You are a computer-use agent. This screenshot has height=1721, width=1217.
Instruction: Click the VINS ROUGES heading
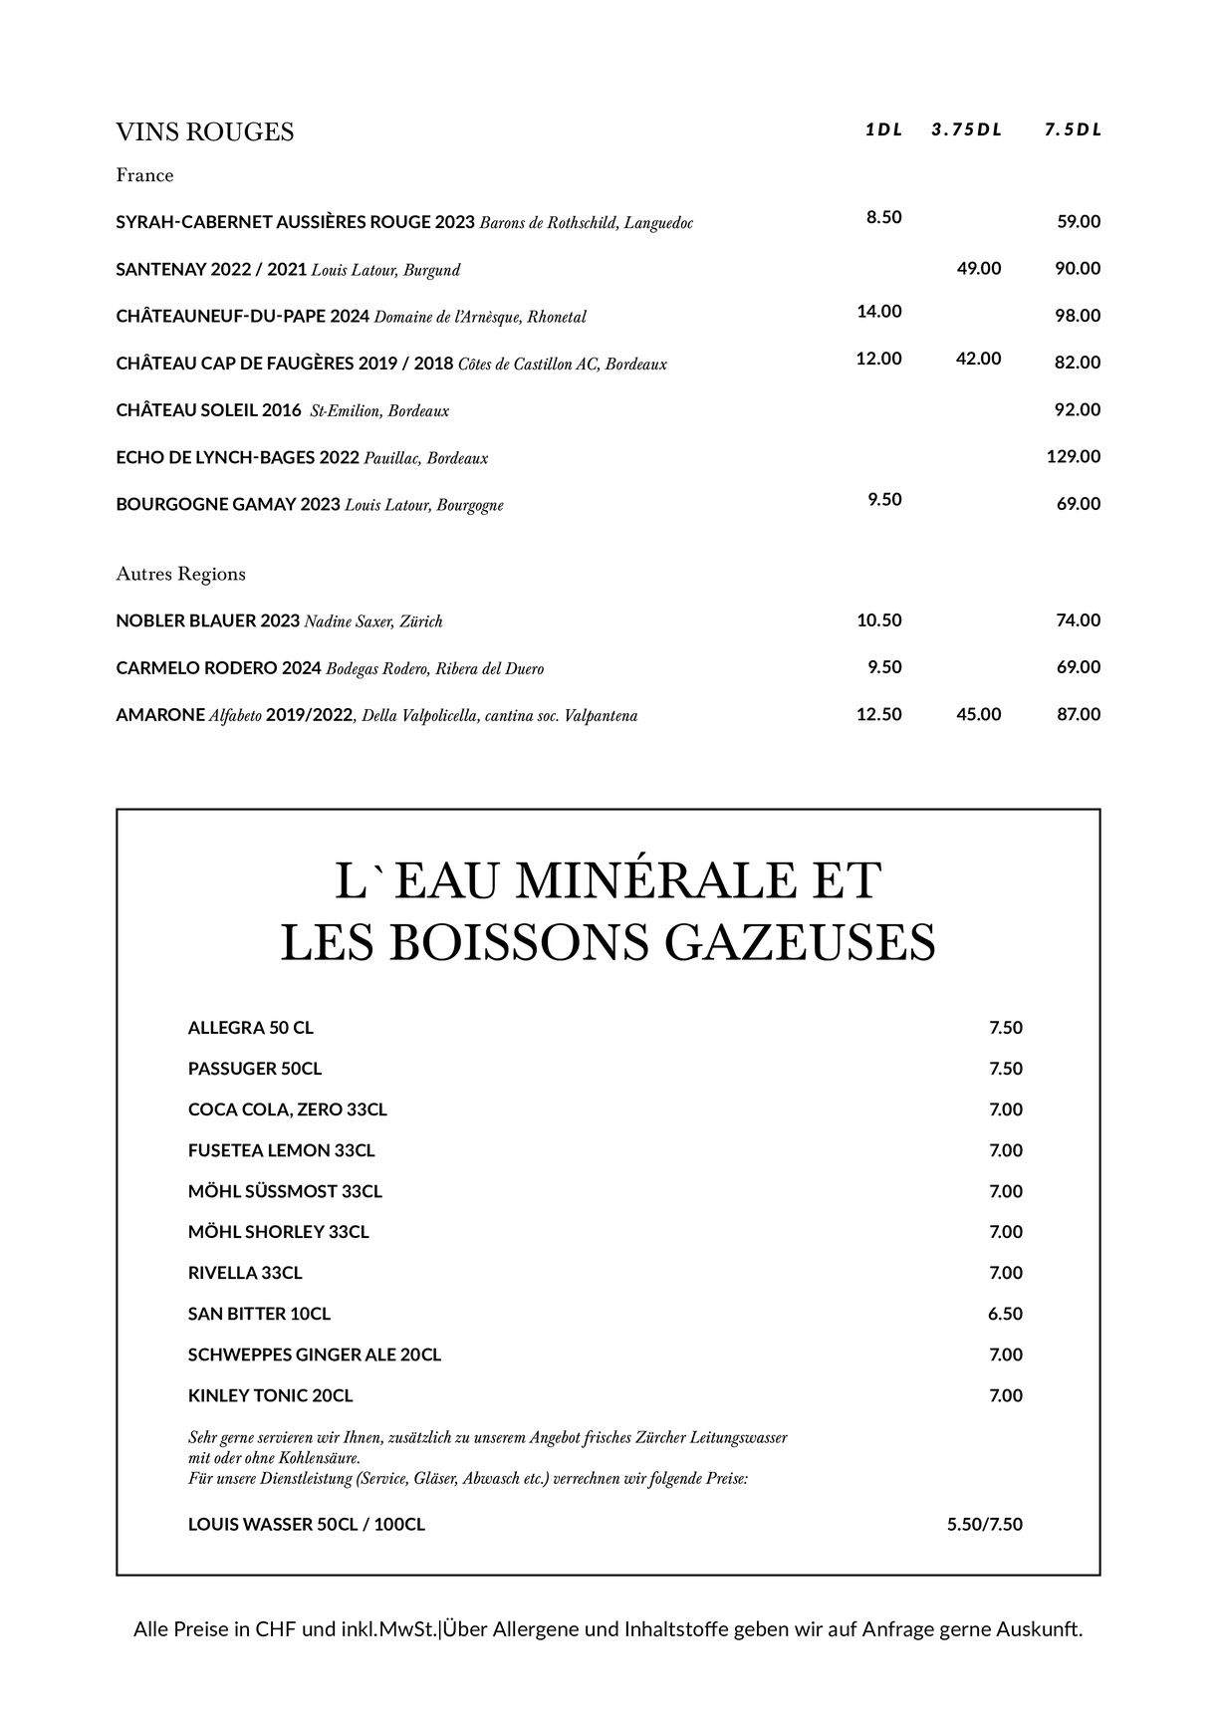tap(204, 132)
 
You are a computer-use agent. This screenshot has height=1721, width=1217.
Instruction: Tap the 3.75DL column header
tap(966, 130)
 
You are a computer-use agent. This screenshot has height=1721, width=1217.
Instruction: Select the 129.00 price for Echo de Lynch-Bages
tap(1073, 457)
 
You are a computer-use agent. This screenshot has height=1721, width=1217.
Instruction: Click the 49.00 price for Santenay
tap(978, 269)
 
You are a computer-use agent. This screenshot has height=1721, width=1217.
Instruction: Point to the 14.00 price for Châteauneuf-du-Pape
tap(878, 312)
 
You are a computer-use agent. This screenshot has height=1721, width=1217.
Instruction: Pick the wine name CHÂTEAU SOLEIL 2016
tap(208, 410)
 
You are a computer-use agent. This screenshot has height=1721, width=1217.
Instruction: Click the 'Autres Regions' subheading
tap(180, 575)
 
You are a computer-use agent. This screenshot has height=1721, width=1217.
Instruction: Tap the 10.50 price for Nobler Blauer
tap(878, 620)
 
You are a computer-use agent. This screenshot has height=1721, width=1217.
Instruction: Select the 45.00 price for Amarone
tap(978, 715)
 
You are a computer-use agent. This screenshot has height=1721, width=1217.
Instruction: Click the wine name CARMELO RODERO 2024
tap(218, 668)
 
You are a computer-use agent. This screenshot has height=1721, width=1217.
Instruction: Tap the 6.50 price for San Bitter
tap(1005, 1315)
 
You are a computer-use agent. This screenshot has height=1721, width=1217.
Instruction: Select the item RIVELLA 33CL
tap(245, 1274)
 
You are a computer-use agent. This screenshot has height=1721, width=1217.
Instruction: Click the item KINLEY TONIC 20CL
tap(270, 1396)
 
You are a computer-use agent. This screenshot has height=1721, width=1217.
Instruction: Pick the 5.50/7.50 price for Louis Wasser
tap(984, 1525)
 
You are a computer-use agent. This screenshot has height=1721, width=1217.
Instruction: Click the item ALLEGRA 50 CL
tap(250, 1029)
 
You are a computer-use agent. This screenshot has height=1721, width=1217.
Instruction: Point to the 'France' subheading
tap(144, 176)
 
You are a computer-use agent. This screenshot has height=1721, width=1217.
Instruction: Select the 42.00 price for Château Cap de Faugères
tap(978, 359)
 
